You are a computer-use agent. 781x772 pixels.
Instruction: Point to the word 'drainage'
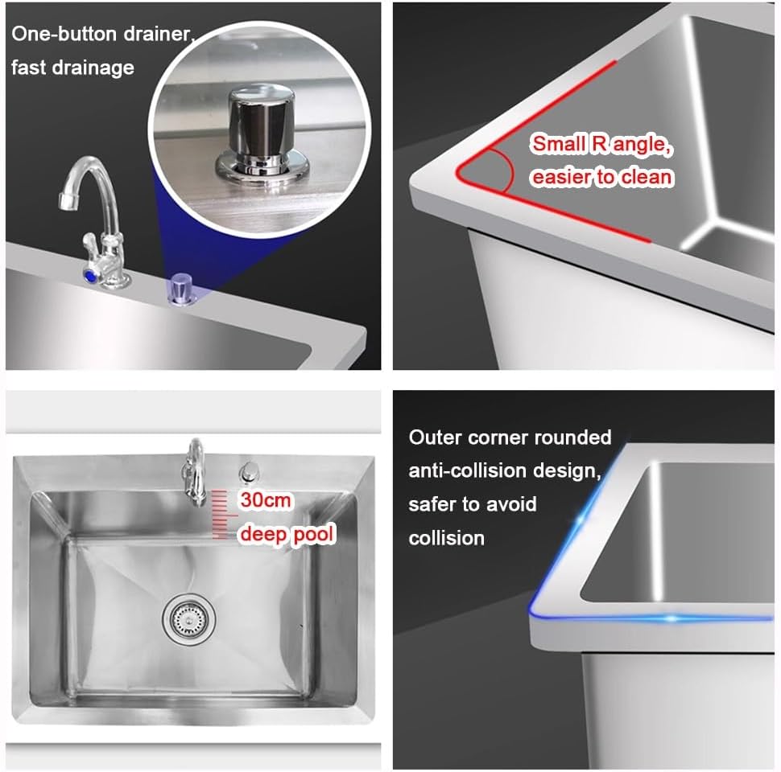click(90, 67)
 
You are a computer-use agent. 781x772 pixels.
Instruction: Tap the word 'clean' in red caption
click(643, 177)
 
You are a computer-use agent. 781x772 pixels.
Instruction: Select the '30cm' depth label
click(266, 500)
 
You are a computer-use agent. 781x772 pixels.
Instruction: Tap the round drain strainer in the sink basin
click(184, 618)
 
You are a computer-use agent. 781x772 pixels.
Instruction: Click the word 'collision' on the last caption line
click(446, 538)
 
